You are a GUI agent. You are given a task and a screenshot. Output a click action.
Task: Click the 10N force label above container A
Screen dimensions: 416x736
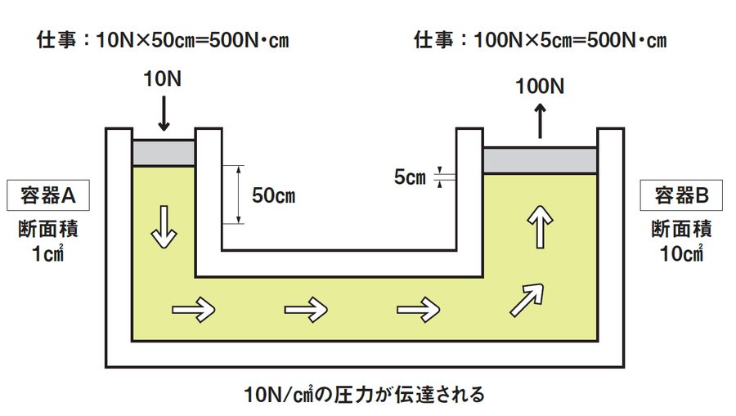(164, 79)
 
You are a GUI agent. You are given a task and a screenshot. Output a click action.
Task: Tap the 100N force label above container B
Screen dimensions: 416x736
(541, 85)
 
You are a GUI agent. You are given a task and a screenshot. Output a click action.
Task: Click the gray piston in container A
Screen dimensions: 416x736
(164, 151)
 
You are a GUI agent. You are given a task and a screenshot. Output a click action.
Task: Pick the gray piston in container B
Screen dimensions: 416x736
(541, 159)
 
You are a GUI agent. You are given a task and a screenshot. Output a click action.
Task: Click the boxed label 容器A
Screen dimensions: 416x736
(48, 195)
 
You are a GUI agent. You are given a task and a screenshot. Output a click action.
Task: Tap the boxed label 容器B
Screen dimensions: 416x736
(686, 195)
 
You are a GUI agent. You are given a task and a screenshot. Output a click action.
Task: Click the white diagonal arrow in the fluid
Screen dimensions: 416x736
(527, 299)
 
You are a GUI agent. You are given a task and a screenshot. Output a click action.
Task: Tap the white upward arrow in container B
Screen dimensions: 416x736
(541, 228)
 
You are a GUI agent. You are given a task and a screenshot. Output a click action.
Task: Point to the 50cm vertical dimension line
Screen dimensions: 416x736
(238, 195)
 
